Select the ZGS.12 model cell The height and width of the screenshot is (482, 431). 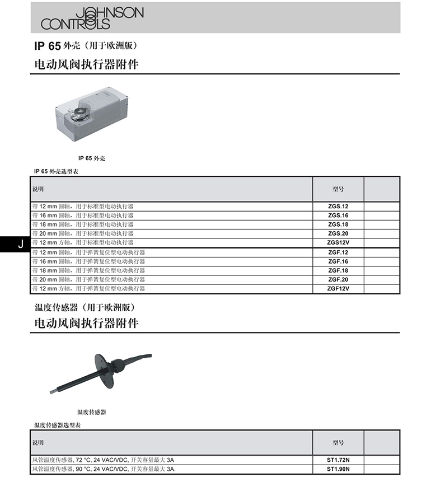338,206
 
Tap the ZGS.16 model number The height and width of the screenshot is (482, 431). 338,216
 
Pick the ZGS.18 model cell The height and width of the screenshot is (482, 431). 338,224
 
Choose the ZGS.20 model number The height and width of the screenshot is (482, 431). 338,233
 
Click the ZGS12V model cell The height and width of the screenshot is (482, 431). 338,242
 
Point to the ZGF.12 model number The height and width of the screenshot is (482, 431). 338,252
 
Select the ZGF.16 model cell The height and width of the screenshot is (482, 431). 338,261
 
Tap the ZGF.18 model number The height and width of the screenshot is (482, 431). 338,270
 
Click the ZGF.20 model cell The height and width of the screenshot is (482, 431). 338,279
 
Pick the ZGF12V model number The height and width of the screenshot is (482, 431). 338,288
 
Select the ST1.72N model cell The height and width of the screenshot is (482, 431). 338,460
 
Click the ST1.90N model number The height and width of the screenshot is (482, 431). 338,469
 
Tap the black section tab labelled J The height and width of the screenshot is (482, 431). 20,244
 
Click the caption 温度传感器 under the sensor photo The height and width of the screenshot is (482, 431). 92,412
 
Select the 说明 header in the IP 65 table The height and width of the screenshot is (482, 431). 38,189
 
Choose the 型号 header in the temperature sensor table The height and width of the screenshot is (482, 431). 338,443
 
